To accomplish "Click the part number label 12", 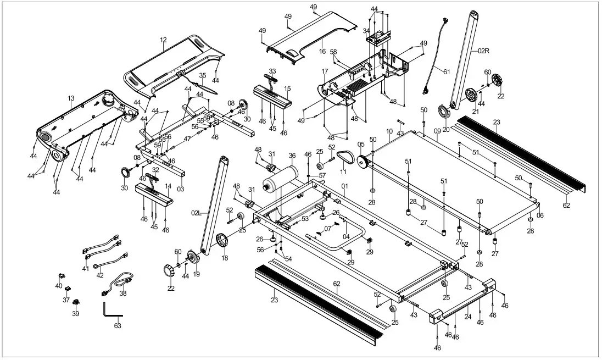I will click(x=163, y=40).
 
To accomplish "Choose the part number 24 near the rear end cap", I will click(x=468, y=317).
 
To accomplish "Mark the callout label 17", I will click(x=325, y=71).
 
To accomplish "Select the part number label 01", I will click(x=344, y=186).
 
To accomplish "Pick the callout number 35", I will click(x=202, y=75).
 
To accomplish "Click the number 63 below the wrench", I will click(x=118, y=326).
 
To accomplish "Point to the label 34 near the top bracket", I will click(x=366, y=31).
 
